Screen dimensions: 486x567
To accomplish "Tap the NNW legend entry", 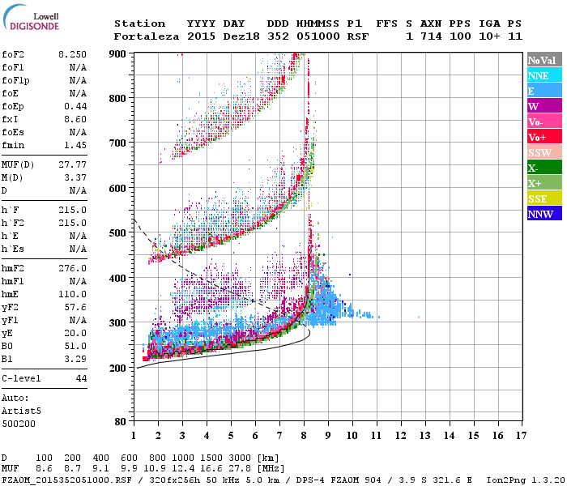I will pyautogui.click(x=540, y=214).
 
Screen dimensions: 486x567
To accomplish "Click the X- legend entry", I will pyautogui.click(x=534, y=168).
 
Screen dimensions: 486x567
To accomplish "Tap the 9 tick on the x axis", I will pyautogui.click(x=328, y=436).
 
